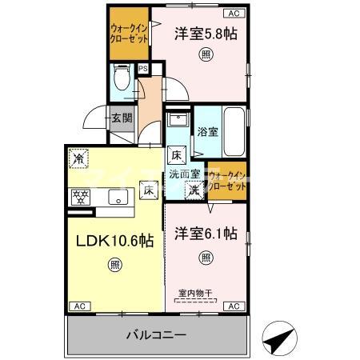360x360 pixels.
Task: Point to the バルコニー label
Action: pos(157,335)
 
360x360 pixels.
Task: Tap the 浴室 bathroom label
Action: pos(208,131)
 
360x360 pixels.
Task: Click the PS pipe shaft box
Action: pos(142,69)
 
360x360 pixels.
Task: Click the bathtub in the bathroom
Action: pos(236,130)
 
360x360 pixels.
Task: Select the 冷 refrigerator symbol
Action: pos(78,158)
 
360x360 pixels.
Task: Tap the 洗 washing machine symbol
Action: pos(194,190)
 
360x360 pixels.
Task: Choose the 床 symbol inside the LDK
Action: pos(148,190)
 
